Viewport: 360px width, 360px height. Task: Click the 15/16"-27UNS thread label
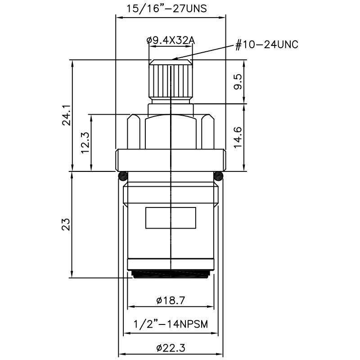tap(171, 9)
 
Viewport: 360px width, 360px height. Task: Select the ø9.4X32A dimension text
tap(170, 40)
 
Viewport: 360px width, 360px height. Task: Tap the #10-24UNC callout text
tap(267, 45)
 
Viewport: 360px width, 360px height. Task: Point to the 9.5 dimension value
tap(238, 82)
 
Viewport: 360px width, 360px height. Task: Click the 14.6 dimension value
tap(238, 137)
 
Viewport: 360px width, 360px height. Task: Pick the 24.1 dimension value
tap(66, 115)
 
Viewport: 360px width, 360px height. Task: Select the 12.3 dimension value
tap(85, 143)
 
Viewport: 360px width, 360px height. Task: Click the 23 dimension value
tap(66, 224)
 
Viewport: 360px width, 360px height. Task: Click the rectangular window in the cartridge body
tap(171, 218)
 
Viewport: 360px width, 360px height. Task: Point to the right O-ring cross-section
tap(219, 175)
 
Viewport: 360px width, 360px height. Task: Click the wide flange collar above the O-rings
tap(171, 160)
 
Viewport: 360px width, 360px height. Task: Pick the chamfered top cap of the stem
tap(171, 62)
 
